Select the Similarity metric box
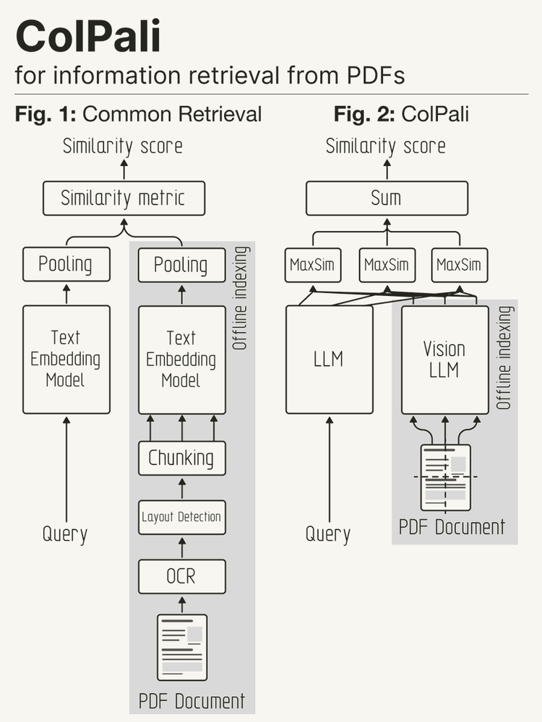click(124, 199)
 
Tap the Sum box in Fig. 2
click(386, 199)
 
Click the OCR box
click(181, 576)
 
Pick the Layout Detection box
click(181, 517)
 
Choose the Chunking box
click(181, 458)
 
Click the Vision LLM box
click(444, 359)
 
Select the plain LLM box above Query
click(330, 359)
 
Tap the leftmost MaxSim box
click(312, 265)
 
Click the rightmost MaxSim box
click(459, 265)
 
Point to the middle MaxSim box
click(386, 265)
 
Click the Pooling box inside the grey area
click(181, 265)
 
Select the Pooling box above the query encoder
click(66, 265)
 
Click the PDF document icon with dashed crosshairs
click(445, 477)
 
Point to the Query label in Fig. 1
click(65, 535)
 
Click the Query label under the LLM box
click(328, 535)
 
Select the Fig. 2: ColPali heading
click(401, 114)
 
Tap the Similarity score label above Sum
click(386, 147)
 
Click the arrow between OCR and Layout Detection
click(181, 547)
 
